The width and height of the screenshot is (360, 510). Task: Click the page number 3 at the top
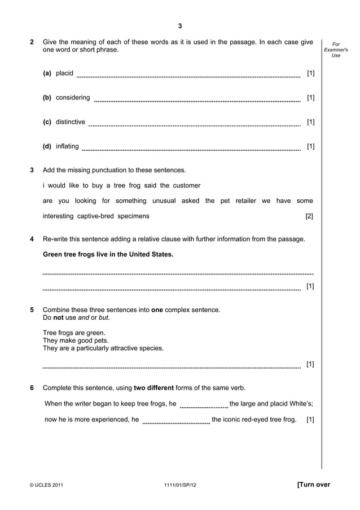pos(180,26)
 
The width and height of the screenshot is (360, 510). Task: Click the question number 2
pos(32,42)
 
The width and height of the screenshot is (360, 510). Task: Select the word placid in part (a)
pos(64,73)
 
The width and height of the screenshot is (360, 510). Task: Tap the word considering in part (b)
pos(73,98)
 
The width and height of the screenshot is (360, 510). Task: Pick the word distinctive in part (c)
pos(71,122)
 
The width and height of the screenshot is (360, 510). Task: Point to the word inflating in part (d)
pos(67,146)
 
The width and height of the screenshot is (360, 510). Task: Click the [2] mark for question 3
pos(309,216)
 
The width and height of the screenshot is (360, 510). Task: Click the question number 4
pos(32,239)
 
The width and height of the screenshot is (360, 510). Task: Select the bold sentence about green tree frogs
pos(108,254)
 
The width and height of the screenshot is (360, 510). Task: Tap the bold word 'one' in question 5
pos(157,310)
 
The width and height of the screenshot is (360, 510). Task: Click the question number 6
pos(32,387)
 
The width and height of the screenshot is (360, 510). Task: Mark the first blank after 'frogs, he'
pos(204,404)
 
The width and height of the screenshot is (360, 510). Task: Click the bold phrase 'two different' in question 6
pos(153,387)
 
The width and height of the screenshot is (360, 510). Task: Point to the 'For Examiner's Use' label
pos(336,50)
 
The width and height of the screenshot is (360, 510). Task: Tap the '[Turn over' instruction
pos(313,485)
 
